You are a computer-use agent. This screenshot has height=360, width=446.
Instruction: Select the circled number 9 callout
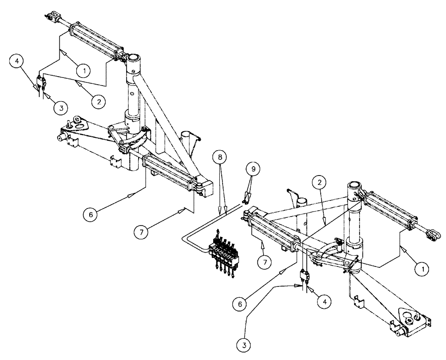click(x=252, y=170)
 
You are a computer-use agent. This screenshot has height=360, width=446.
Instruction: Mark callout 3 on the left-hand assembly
click(x=61, y=107)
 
